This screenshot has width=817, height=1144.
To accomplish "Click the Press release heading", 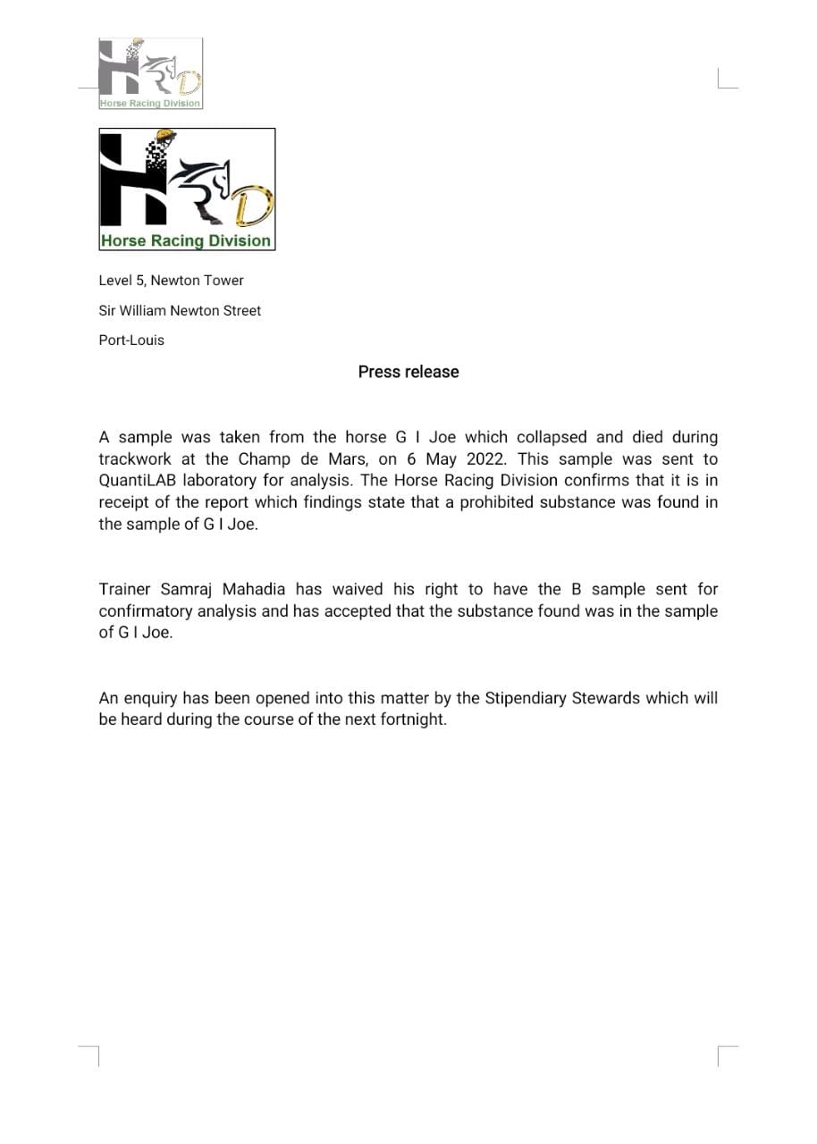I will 408,372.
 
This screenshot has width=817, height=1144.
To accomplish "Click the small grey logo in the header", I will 150,73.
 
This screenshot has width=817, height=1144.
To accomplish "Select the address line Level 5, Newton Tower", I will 171,281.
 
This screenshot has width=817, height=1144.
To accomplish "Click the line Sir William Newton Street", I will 180,311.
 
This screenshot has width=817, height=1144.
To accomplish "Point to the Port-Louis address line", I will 131,341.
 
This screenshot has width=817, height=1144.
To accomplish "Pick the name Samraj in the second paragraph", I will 187,590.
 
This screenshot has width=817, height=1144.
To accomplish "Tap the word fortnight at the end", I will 409,720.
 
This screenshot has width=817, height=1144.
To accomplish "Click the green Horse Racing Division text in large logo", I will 186,240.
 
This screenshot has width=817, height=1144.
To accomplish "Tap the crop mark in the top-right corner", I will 727,80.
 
